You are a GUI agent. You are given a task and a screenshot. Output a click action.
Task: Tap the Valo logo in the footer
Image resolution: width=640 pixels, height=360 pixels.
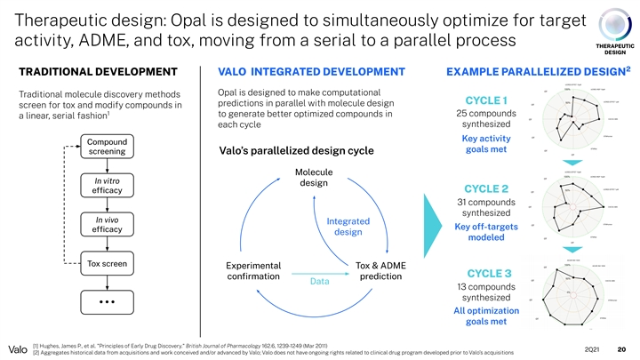tap(15, 348)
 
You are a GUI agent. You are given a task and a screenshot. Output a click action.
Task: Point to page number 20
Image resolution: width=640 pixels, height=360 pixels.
tap(621, 348)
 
